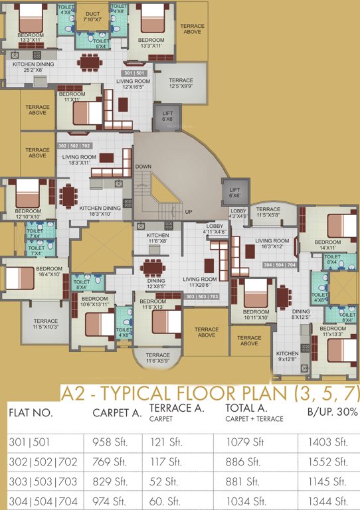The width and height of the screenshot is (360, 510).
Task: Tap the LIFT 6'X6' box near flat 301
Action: point(167,116)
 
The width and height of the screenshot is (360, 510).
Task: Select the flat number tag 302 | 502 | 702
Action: point(74,145)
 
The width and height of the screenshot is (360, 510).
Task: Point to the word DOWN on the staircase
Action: point(143,167)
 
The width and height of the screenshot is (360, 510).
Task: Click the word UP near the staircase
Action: point(188,212)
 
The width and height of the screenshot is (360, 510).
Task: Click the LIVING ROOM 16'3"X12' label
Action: point(272,244)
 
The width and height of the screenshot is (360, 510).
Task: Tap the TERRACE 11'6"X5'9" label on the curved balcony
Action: point(158,358)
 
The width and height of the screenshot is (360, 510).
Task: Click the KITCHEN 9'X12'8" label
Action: point(288,357)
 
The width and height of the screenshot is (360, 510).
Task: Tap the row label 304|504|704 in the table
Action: point(43,499)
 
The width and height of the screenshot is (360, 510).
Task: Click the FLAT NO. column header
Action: point(32,412)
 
